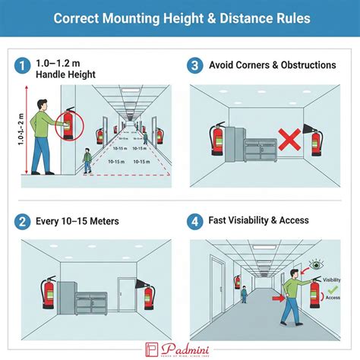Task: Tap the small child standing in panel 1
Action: pyautogui.click(x=88, y=161)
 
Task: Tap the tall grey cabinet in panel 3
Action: pyautogui.click(x=235, y=145)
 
